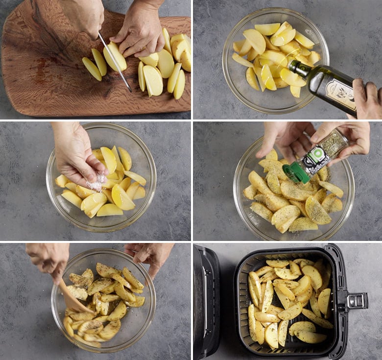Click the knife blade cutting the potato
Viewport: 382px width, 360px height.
click(115, 61)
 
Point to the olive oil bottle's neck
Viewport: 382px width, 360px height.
click(300, 70)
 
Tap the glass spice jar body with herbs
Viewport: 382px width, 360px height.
click(327, 149)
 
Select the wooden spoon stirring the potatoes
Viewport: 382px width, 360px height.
click(73, 298)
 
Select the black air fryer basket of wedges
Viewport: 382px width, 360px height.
click(289, 301)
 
